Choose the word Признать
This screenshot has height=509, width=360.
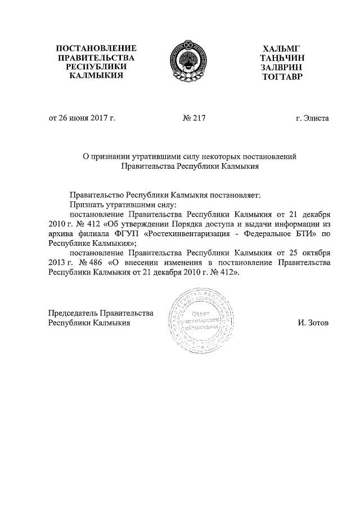87,205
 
